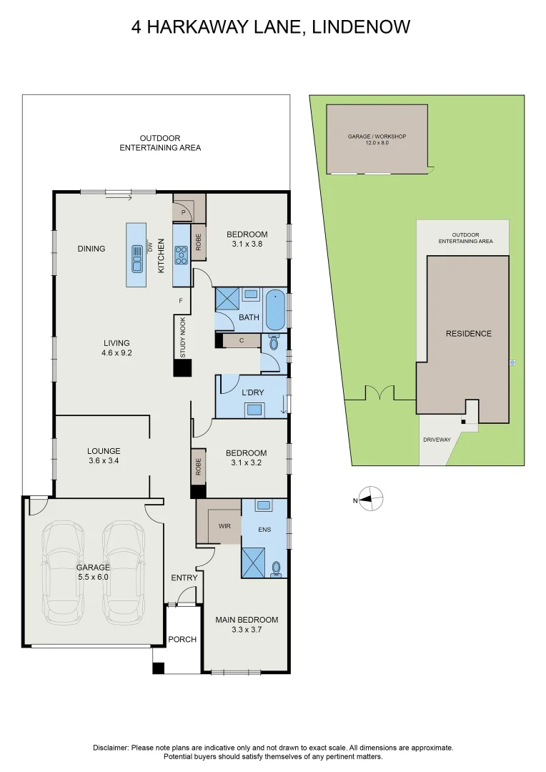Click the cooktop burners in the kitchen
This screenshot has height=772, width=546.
tap(181, 253)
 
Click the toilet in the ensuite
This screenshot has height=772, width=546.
tap(277, 569)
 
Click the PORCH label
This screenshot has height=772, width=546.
tap(182, 639)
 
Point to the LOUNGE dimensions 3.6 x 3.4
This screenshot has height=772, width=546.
tap(104, 461)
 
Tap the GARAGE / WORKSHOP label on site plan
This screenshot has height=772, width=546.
tap(377, 136)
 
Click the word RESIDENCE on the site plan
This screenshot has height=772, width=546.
tap(469, 334)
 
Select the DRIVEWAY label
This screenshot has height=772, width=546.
tap(437, 439)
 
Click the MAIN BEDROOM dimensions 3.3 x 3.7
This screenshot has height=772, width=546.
tap(247, 630)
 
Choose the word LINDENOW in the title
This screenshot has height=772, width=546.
tap(362, 27)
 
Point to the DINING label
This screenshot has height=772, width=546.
tap(91, 249)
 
